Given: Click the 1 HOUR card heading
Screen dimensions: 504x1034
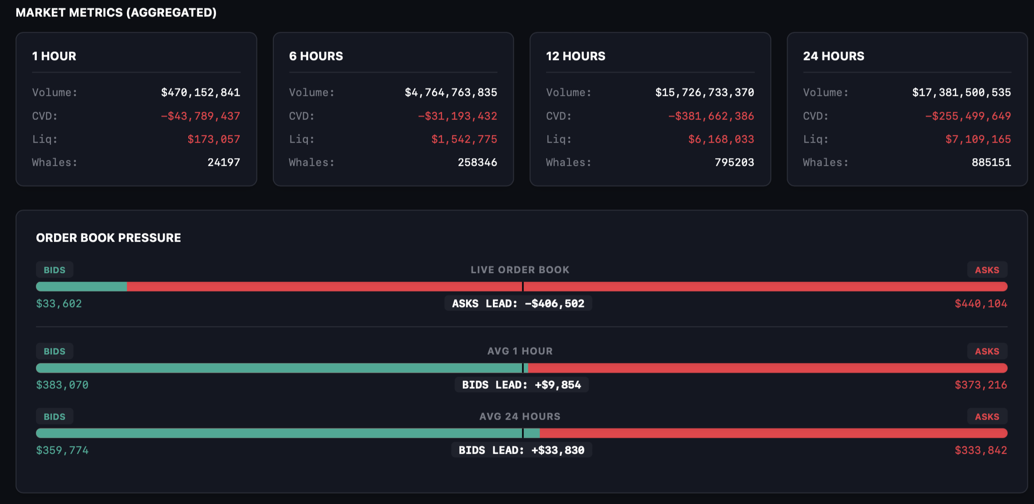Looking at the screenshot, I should click(x=54, y=56).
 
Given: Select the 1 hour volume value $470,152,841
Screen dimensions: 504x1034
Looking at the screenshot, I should click(x=201, y=93).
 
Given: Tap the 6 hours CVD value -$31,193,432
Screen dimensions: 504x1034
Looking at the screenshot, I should click(x=457, y=116).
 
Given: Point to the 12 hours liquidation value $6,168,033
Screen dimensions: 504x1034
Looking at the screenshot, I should click(x=721, y=139).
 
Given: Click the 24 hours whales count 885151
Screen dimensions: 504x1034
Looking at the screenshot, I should click(x=991, y=163).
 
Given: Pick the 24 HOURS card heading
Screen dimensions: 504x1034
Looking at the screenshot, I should click(x=833, y=56).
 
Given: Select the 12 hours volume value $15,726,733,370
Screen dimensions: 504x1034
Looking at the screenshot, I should click(x=704, y=93).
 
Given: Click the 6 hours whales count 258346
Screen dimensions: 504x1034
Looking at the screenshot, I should click(x=477, y=163).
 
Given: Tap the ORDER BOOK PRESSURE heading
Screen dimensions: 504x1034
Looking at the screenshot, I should click(x=108, y=238).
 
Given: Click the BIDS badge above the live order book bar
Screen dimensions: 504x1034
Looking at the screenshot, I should click(x=55, y=270).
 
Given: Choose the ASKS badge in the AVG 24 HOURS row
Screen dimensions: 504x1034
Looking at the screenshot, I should click(x=987, y=417).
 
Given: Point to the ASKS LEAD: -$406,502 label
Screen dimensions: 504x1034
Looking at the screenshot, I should click(x=518, y=304).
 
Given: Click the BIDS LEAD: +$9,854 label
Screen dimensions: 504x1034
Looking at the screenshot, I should click(x=522, y=385).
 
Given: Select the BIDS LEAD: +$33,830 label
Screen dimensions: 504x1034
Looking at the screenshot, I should click(x=522, y=450).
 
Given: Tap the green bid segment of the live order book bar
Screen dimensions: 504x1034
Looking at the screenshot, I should click(x=81, y=287).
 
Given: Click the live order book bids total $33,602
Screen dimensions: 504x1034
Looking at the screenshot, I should click(x=59, y=304).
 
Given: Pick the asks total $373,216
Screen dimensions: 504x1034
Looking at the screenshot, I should click(x=981, y=385).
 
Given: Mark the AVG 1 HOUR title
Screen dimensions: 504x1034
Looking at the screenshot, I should click(x=520, y=351).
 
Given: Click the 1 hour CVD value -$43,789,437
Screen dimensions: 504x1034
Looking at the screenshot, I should click(x=201, y=116).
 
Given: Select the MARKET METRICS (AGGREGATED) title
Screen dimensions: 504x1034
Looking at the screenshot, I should click(x=116, y=13).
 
